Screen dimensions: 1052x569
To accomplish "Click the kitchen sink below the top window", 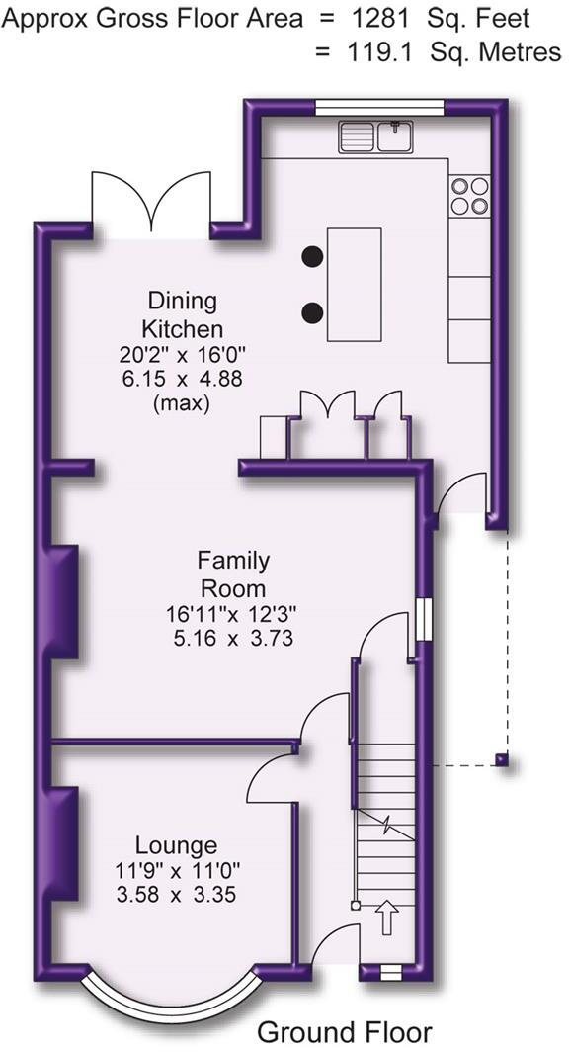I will pyautogui.click(x=376, y=136).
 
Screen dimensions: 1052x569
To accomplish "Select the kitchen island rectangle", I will pyautogui.click(x=355, y=284).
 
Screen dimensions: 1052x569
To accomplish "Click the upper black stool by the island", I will pyautogui.click(x=312, y=255).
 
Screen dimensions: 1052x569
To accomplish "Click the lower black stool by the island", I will pyautogui.click(x=312, y=313).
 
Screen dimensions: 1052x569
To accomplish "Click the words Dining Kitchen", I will pyautogui.click(x=183, y=314).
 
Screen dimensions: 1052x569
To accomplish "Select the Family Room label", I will pyautogui.click(x=233, y=573).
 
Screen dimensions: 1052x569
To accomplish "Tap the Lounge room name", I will pyautogui.click(x=177, y=845).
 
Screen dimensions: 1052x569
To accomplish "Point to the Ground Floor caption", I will pyautogui.click(x=344, y=1032).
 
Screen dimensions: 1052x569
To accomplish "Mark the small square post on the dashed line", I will pyautogui.click(x=502, y=760).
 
